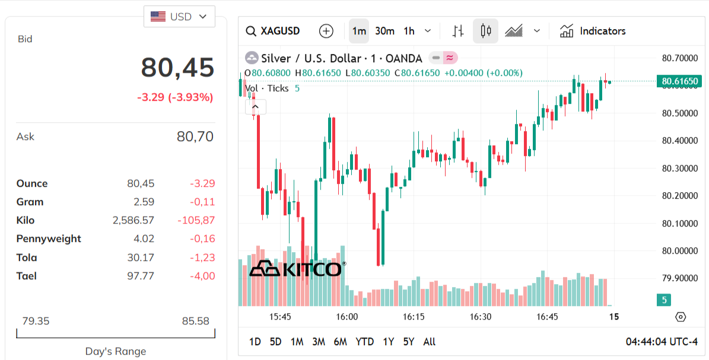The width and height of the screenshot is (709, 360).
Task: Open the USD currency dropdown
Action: [179, 17]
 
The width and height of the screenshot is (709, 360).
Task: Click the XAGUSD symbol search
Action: [273, 31]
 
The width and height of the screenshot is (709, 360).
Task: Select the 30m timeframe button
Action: [384, 31]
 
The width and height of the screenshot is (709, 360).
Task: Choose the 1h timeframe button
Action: [409, 31]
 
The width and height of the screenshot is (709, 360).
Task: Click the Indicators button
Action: [593, 31]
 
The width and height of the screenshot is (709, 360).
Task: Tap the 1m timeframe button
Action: [359, 31]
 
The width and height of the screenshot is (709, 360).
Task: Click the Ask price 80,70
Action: [195, 137]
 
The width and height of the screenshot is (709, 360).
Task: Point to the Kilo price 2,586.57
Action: [133, 220]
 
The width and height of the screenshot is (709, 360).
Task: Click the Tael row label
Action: [27, 276]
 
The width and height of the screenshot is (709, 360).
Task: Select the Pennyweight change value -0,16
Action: [202, 238]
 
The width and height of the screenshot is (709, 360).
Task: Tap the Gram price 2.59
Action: [144, 202]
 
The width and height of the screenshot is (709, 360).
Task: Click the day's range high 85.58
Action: [195, 321]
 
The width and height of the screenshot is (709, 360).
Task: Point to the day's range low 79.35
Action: [36, 321]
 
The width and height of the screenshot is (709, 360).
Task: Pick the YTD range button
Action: [364, 342]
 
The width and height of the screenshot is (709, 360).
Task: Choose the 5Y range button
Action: [409, 342]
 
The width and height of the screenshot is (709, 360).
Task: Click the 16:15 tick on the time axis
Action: [414, 317]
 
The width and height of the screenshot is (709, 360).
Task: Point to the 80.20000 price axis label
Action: [679, 196]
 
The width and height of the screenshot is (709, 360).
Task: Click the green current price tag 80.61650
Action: [679, 81]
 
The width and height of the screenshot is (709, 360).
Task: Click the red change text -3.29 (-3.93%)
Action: [175, 97]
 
